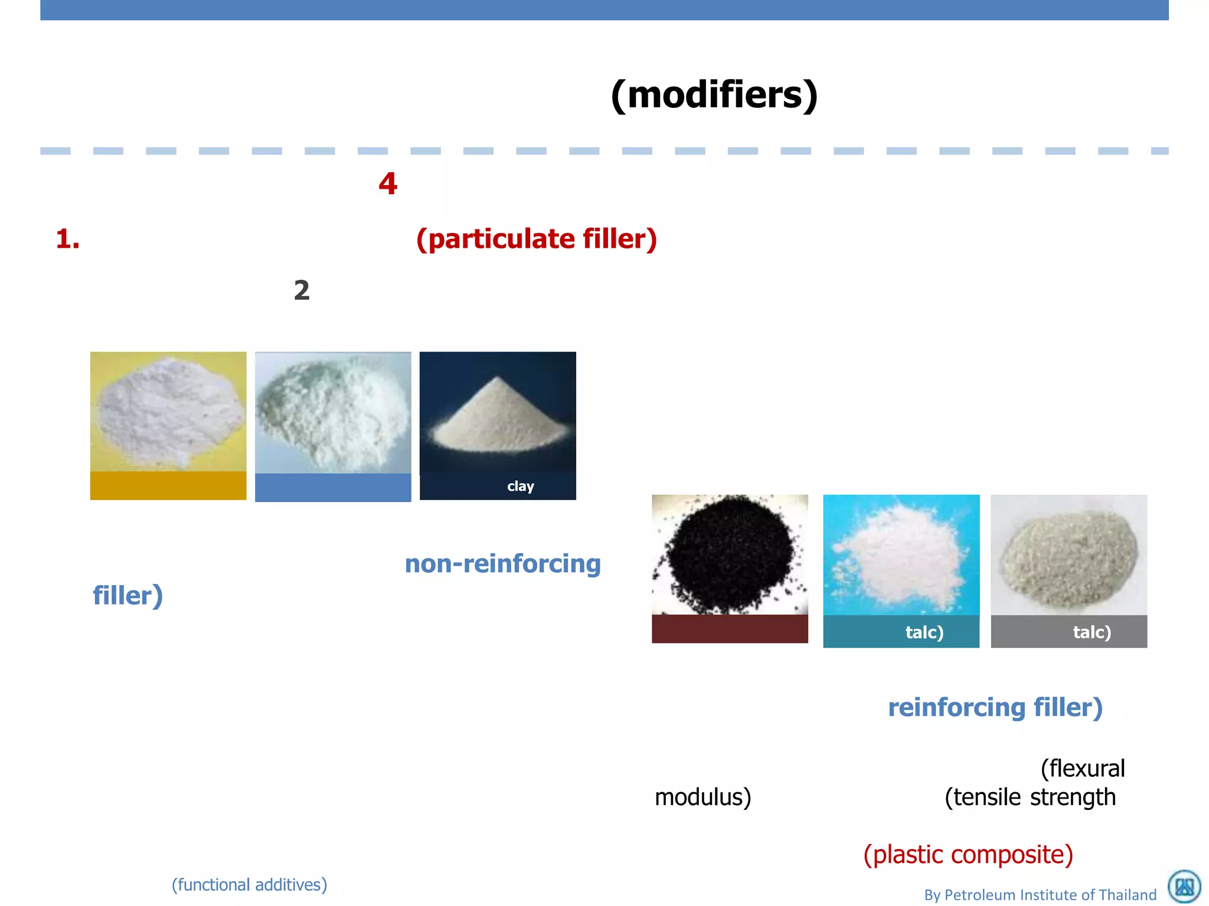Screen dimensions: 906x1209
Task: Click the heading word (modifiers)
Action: click(x=714, y=95)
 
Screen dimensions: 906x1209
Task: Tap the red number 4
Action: click(x=388, y=183)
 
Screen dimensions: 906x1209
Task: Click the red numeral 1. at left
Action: click(x=67, y=239)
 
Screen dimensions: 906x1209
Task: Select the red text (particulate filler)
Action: click(x=536, y=239)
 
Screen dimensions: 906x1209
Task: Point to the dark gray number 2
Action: click(x=302, y=290)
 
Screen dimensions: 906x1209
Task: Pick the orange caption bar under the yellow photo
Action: click(x=168, y=485)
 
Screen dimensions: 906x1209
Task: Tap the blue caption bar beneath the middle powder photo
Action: click(x=333, y=487)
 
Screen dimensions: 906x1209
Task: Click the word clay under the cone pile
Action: click(x=520, y=486)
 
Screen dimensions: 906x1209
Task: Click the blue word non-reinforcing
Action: click(x=502, y=564)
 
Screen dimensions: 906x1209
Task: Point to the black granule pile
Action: click(x=730, y=554)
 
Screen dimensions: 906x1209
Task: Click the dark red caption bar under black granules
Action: click(x=730, y=629)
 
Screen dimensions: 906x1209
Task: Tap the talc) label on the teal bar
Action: click(x=924, y=632)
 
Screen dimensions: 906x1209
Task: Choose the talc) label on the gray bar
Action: click(x=1092, y=632)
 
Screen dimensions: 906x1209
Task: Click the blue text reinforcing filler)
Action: click(x=995, y=707)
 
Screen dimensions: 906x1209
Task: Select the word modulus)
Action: click(x=702, y=797)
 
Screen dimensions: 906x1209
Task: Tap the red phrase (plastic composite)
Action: click(x=968, y=855)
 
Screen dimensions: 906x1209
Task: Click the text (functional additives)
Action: click(x=249, y=885)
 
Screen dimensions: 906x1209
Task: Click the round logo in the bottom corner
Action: click(x=1184, y=887)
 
